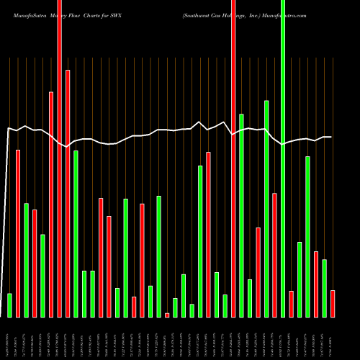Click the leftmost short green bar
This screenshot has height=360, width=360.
9,305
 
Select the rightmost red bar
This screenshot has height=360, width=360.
333,303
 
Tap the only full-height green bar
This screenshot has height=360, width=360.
283,158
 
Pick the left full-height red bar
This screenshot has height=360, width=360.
59,158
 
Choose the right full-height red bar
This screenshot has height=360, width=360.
233,158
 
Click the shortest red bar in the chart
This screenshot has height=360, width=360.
167,315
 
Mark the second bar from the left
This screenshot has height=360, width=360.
18,233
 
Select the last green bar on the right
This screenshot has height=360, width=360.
324,288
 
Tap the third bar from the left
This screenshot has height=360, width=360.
26,260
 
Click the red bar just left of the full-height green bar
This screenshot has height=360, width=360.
274,255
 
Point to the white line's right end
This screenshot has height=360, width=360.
330,137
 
